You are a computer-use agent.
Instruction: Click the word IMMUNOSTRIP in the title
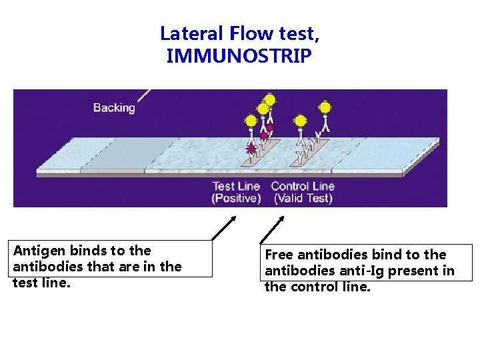[238, 56]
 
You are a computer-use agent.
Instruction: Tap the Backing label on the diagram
[114, 107]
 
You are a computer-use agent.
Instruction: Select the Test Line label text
[236, 186]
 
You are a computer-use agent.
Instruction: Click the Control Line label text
[303, 186]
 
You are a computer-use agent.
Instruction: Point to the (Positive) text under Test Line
[236, 198]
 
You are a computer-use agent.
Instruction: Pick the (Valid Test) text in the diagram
[303, 198]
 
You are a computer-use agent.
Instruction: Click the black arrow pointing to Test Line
[223, 227]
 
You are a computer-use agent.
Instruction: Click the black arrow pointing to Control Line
[271, 229]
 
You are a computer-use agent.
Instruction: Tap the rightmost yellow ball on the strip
[325, 107]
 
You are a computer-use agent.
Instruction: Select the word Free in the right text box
[279, 255]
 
